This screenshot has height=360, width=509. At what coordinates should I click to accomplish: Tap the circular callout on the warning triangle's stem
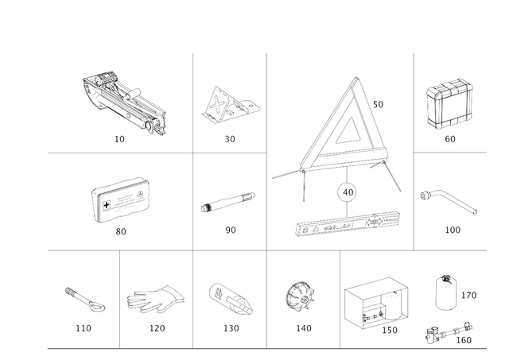[x=345, y=192]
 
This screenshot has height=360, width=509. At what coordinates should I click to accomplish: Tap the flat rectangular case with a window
[x=122, y=199]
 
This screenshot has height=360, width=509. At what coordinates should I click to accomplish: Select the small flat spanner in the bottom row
[x=83, y=298]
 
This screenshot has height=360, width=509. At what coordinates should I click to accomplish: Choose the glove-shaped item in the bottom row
[x=154, y=298]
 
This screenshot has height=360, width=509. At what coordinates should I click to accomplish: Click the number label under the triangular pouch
[x=229, y=141]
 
